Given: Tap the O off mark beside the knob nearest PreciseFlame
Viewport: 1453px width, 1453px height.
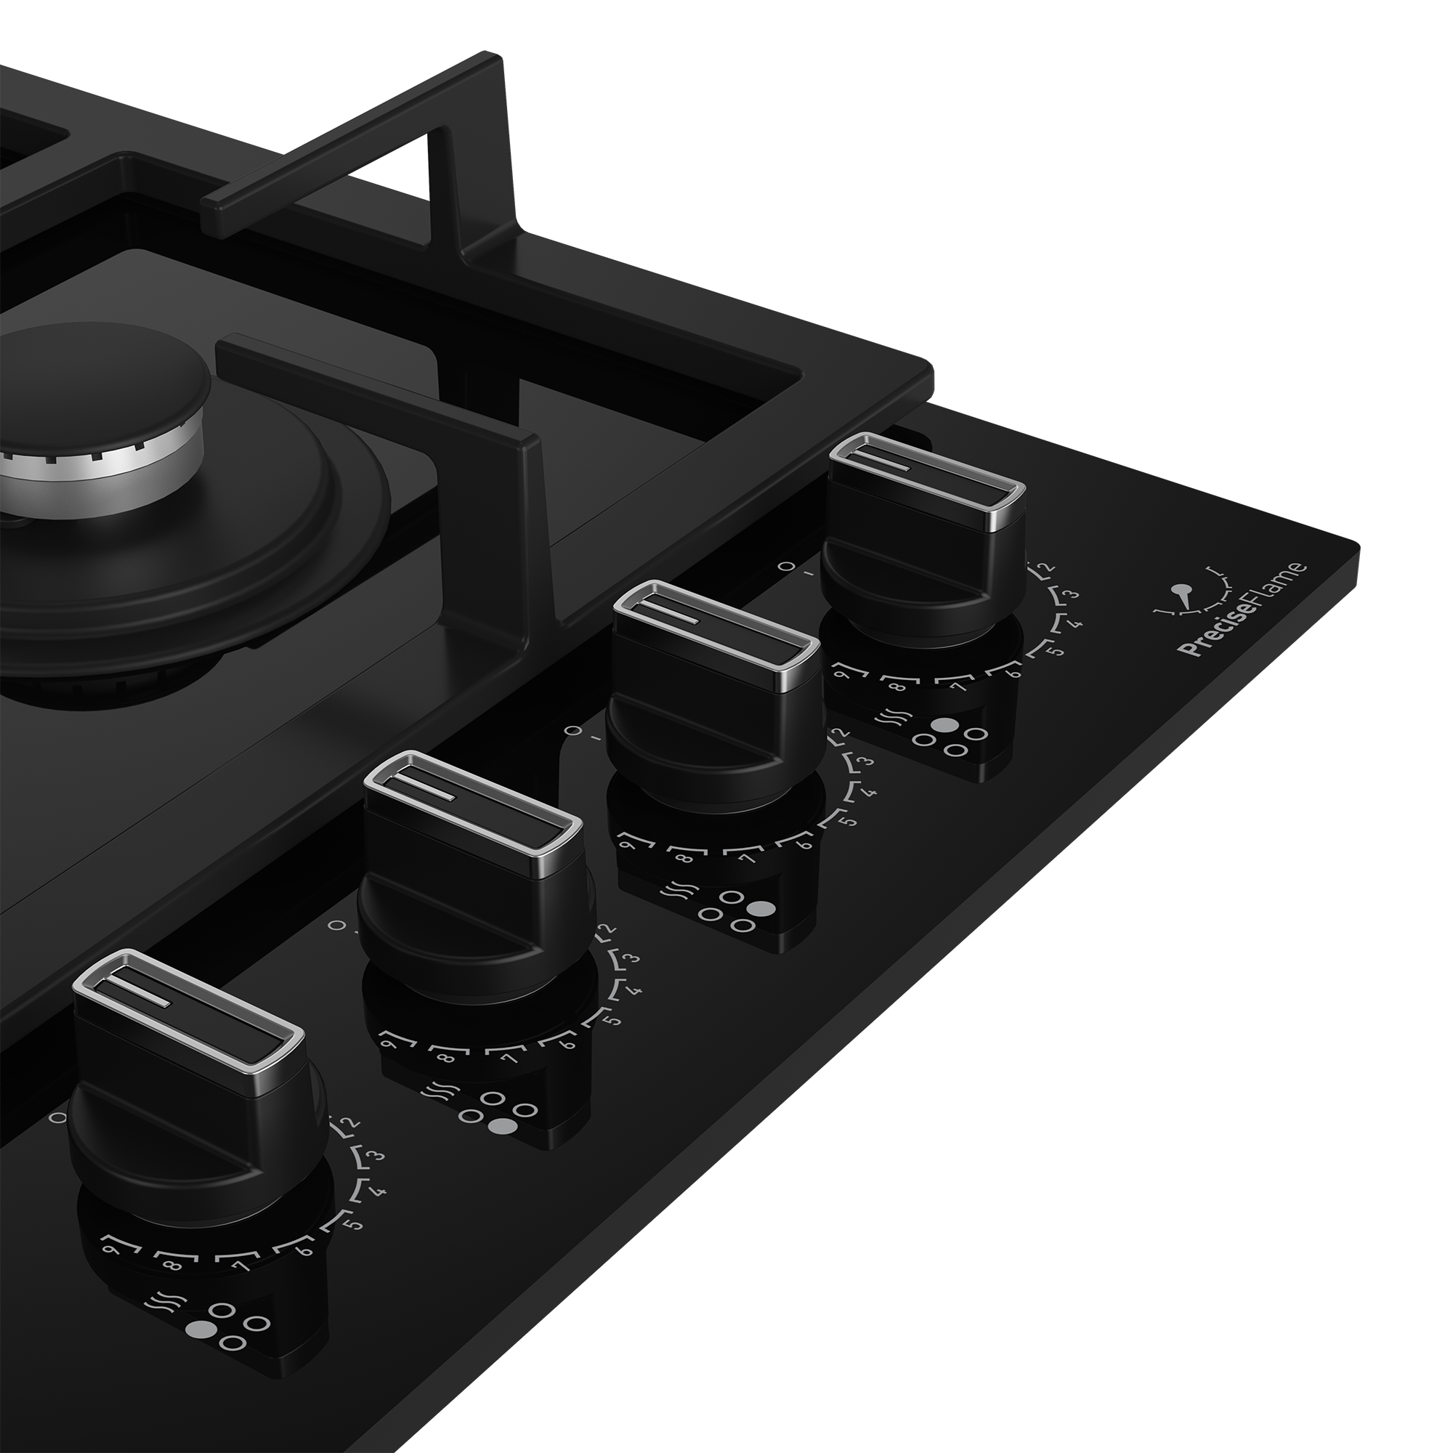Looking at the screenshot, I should click(785, 565).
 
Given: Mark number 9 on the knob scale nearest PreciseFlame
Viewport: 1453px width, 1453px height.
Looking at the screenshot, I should click(842, 674).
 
